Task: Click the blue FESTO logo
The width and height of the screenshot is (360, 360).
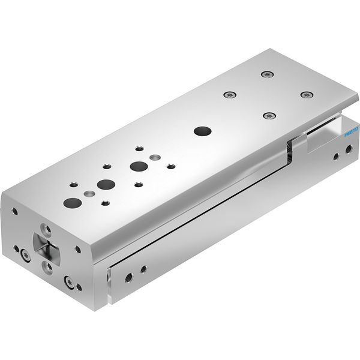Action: click(352, 132)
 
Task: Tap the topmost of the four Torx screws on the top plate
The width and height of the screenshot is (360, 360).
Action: click(267, 74)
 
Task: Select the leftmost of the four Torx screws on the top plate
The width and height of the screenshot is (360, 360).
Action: click(230, 94)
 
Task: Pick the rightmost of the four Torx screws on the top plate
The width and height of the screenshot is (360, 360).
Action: click(307, 95)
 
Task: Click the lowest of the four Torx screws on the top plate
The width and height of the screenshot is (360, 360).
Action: click(269, 115)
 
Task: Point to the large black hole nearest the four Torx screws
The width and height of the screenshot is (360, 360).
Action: click(203, 131)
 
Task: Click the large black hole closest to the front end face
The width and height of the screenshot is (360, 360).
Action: click(73, 203)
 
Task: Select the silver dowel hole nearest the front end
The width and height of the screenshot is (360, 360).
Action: click(89, 194)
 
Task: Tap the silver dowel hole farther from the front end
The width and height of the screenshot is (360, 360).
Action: click(155, 157)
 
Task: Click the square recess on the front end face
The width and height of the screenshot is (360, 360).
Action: click(47, 245)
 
